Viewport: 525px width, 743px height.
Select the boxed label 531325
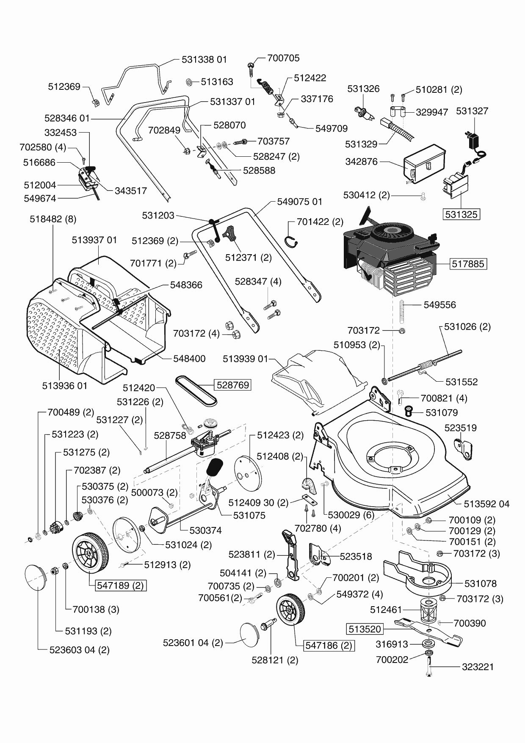(461, 214)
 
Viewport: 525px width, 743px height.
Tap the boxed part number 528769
(232, 385)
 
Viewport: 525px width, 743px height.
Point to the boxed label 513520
(365, 629)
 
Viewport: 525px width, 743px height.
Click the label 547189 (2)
(120, 586)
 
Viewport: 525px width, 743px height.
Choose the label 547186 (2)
(329, 646)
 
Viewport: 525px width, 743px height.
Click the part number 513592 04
(486, 504)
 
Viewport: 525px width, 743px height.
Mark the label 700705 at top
(283, 58)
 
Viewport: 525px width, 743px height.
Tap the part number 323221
(478, 667)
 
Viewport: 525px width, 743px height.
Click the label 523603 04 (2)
(79, 650)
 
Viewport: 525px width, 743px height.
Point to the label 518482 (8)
(53, 219)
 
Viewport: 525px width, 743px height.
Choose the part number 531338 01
(204, 60)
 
